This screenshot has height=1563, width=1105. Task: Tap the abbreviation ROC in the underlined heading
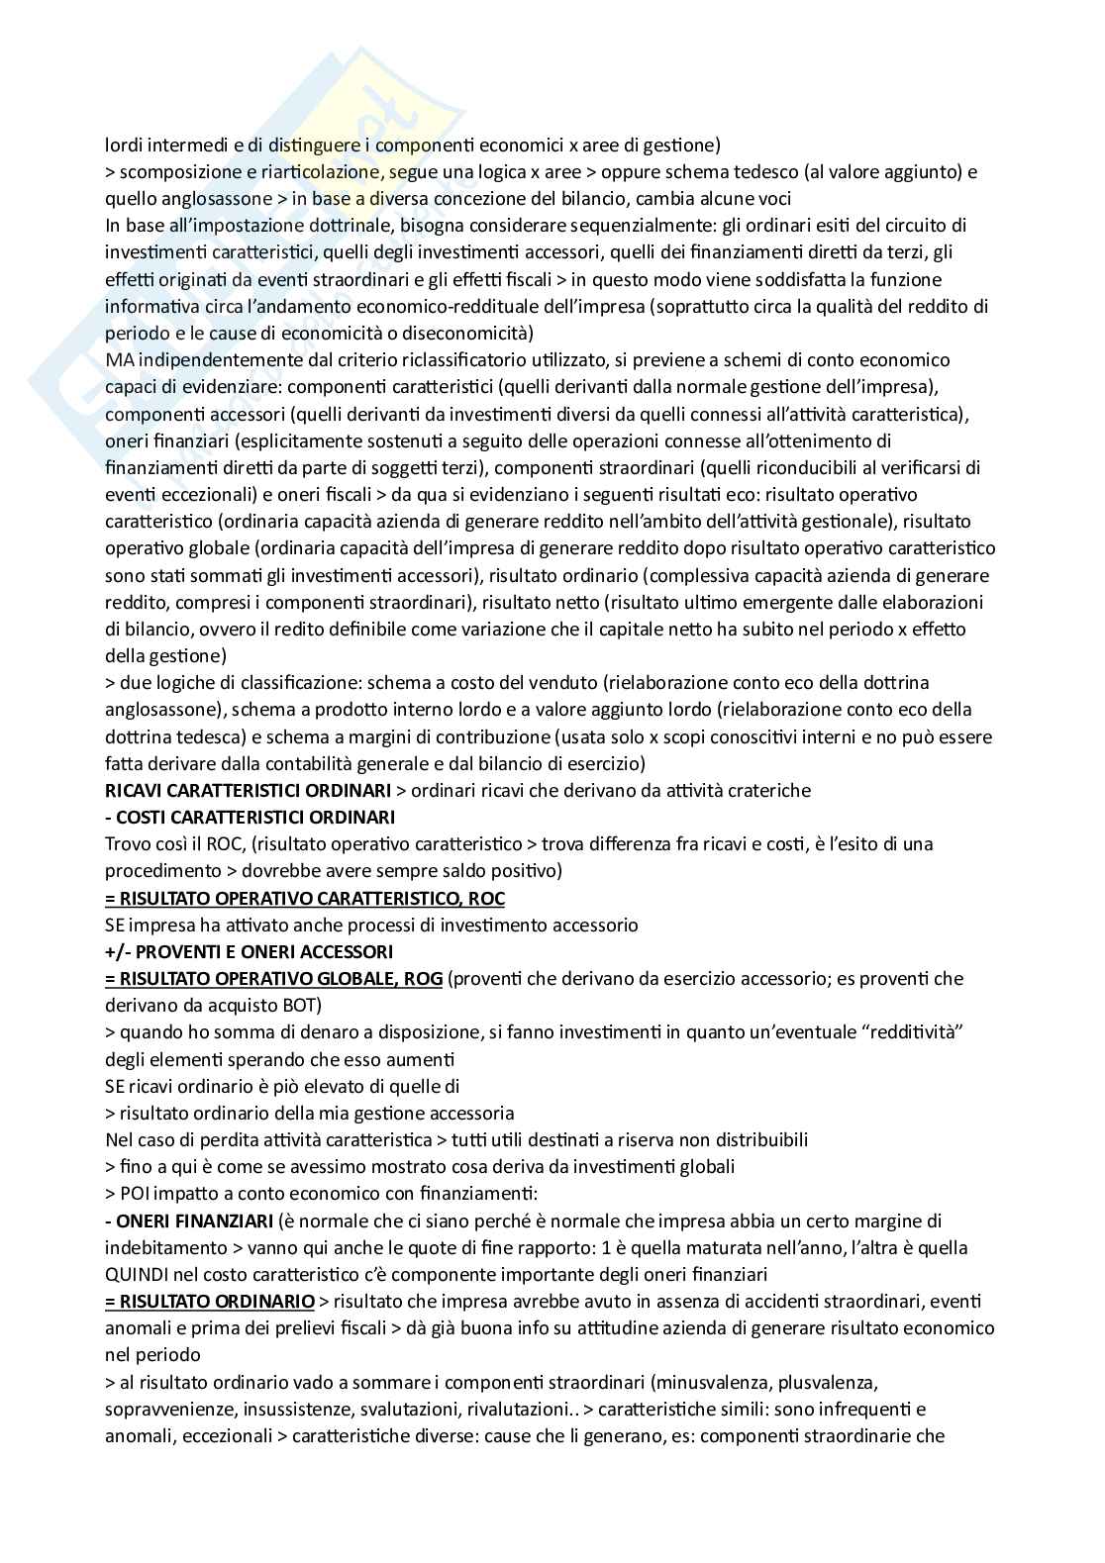pos(485,898)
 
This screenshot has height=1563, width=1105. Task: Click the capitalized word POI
pos(136,1193)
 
